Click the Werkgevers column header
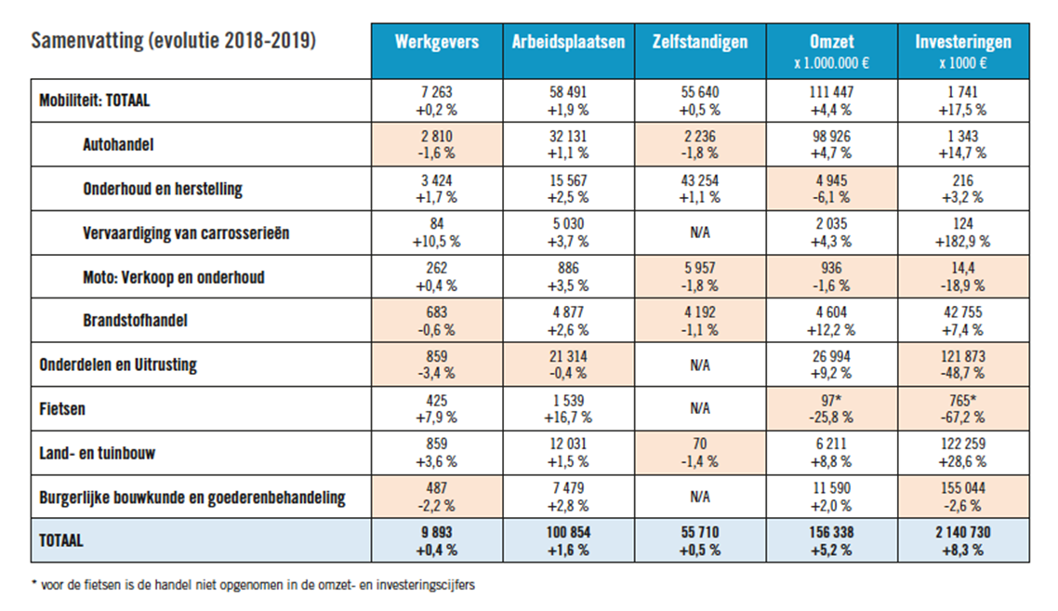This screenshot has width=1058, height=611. point(437,51)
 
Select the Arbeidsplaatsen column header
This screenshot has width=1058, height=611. point(568,51)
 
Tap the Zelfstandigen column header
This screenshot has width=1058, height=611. point(700,51)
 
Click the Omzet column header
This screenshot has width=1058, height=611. point(831,51)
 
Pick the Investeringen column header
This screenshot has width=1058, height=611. point(963,51)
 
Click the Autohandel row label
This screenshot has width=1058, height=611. point(118,144)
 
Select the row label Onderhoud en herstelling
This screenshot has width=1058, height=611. point(163,189)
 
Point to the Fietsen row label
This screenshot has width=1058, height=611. point(62,409)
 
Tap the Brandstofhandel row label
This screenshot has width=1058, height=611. point(135,320)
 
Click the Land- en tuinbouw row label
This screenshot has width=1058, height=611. point(98,453)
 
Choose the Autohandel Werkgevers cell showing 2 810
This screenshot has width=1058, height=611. point(437,144)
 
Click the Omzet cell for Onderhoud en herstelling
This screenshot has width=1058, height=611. point(831,189)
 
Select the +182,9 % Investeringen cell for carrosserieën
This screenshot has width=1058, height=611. point(963,232)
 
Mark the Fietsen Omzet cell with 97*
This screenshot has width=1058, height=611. point(831,409)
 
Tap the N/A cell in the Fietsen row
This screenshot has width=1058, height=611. point(700,409)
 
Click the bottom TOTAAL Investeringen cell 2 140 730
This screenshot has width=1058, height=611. point(963,540)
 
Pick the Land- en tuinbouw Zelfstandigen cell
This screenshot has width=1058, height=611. point(700,453)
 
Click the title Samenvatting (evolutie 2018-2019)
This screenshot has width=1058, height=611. point(174,41)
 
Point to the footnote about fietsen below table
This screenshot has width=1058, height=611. point(253,585)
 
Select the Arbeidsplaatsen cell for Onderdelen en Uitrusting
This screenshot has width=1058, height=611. point(568,365)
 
